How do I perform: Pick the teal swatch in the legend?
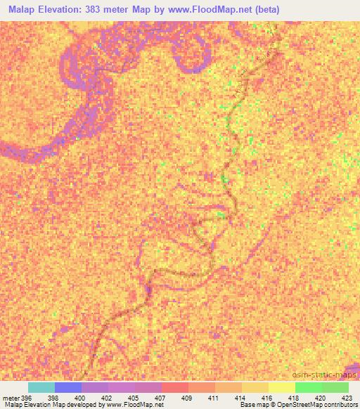coord(41,387)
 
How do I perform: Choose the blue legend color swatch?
coord(67,387)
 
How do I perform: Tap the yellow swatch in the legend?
coord(281,387)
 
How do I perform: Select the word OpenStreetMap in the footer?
coord(294,405)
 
